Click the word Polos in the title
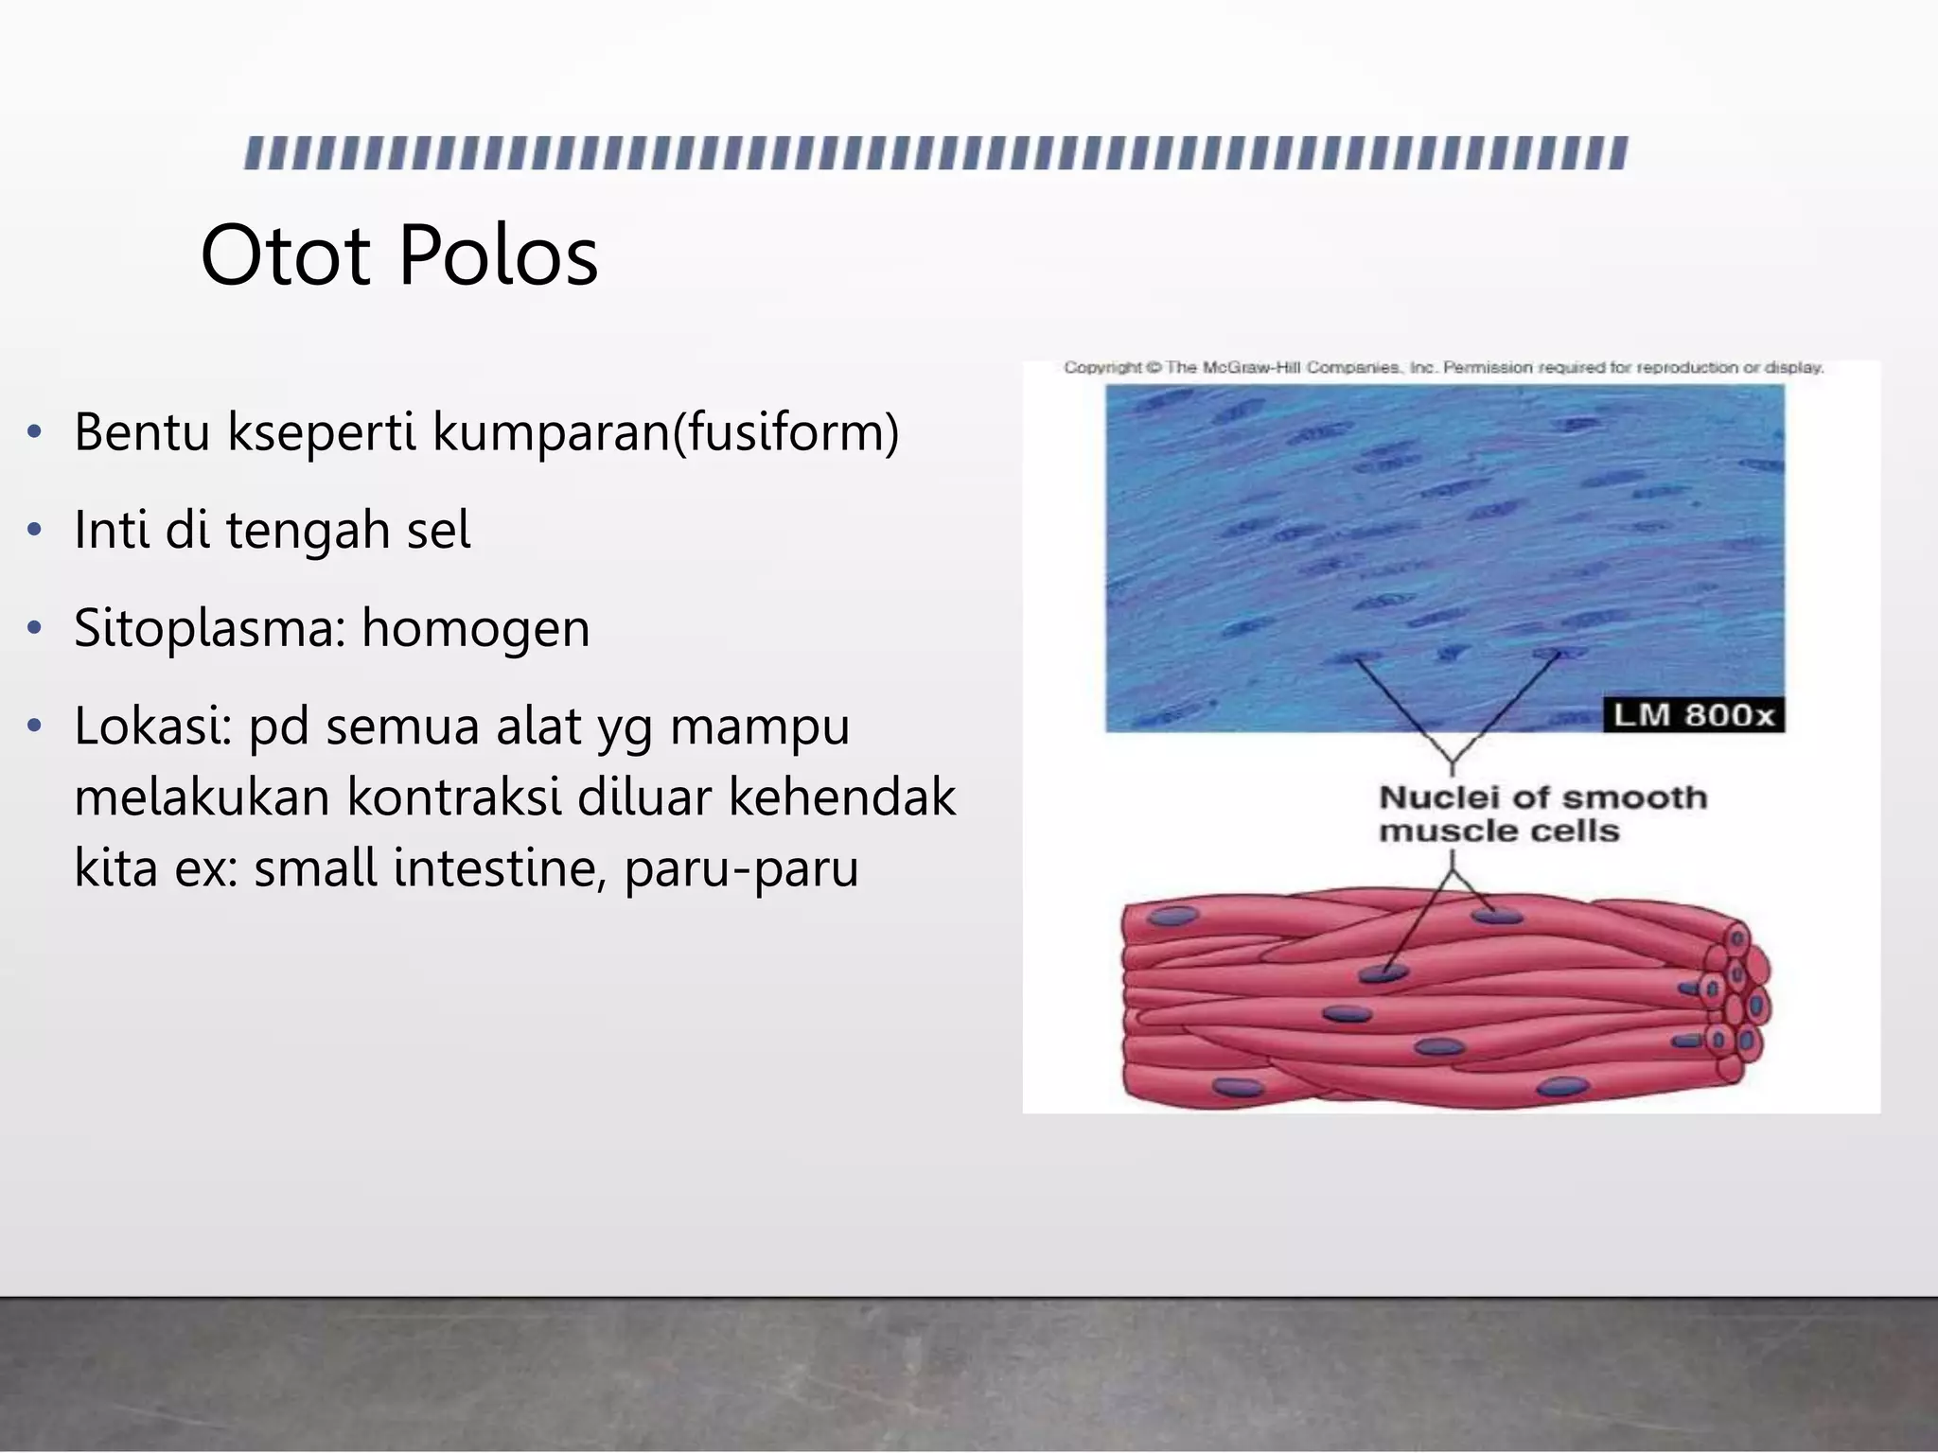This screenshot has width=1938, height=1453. tap(499, 255)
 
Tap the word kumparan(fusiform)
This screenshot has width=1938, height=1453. tap(665, 432)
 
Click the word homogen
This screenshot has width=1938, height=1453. tap(476, 629)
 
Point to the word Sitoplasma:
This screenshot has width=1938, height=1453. tap(209, 629)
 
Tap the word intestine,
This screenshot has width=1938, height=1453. tap(500, 867)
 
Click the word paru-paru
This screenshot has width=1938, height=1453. tap(741, 869)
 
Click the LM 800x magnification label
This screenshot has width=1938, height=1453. tap(1693, 715)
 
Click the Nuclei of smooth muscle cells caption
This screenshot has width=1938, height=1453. tap(1542, 814)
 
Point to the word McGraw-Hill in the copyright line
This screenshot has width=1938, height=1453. tap(1252, 367)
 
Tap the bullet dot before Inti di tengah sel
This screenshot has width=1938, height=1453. tap(35, 530)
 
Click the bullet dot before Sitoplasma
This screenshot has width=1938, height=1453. tap(35, 628)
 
